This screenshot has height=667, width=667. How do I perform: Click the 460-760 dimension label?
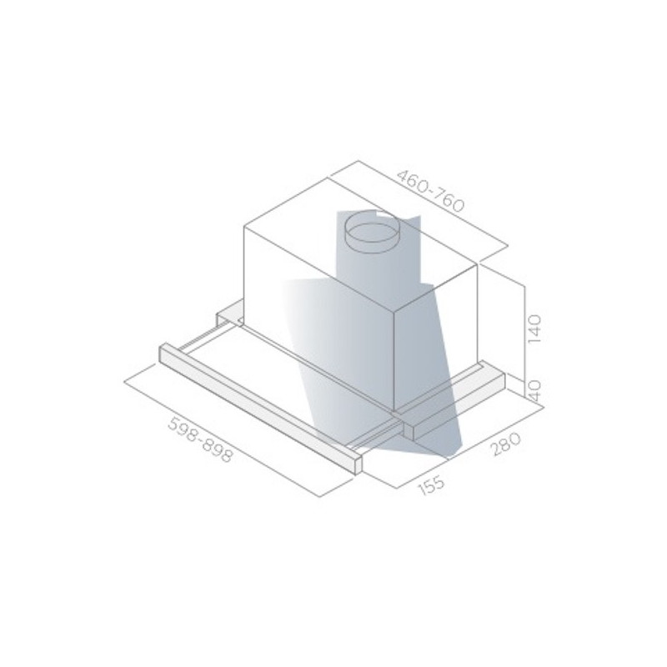coord(429,191)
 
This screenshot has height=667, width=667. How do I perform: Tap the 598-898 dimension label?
coord(201,439)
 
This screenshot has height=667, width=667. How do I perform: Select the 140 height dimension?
coord(534,328)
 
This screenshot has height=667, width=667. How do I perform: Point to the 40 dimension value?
coord(534,390)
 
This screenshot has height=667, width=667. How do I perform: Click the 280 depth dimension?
coord(506,444)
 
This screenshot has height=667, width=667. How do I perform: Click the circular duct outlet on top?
coord(371,233)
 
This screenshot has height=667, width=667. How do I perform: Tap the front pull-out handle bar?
coord(260,410)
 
